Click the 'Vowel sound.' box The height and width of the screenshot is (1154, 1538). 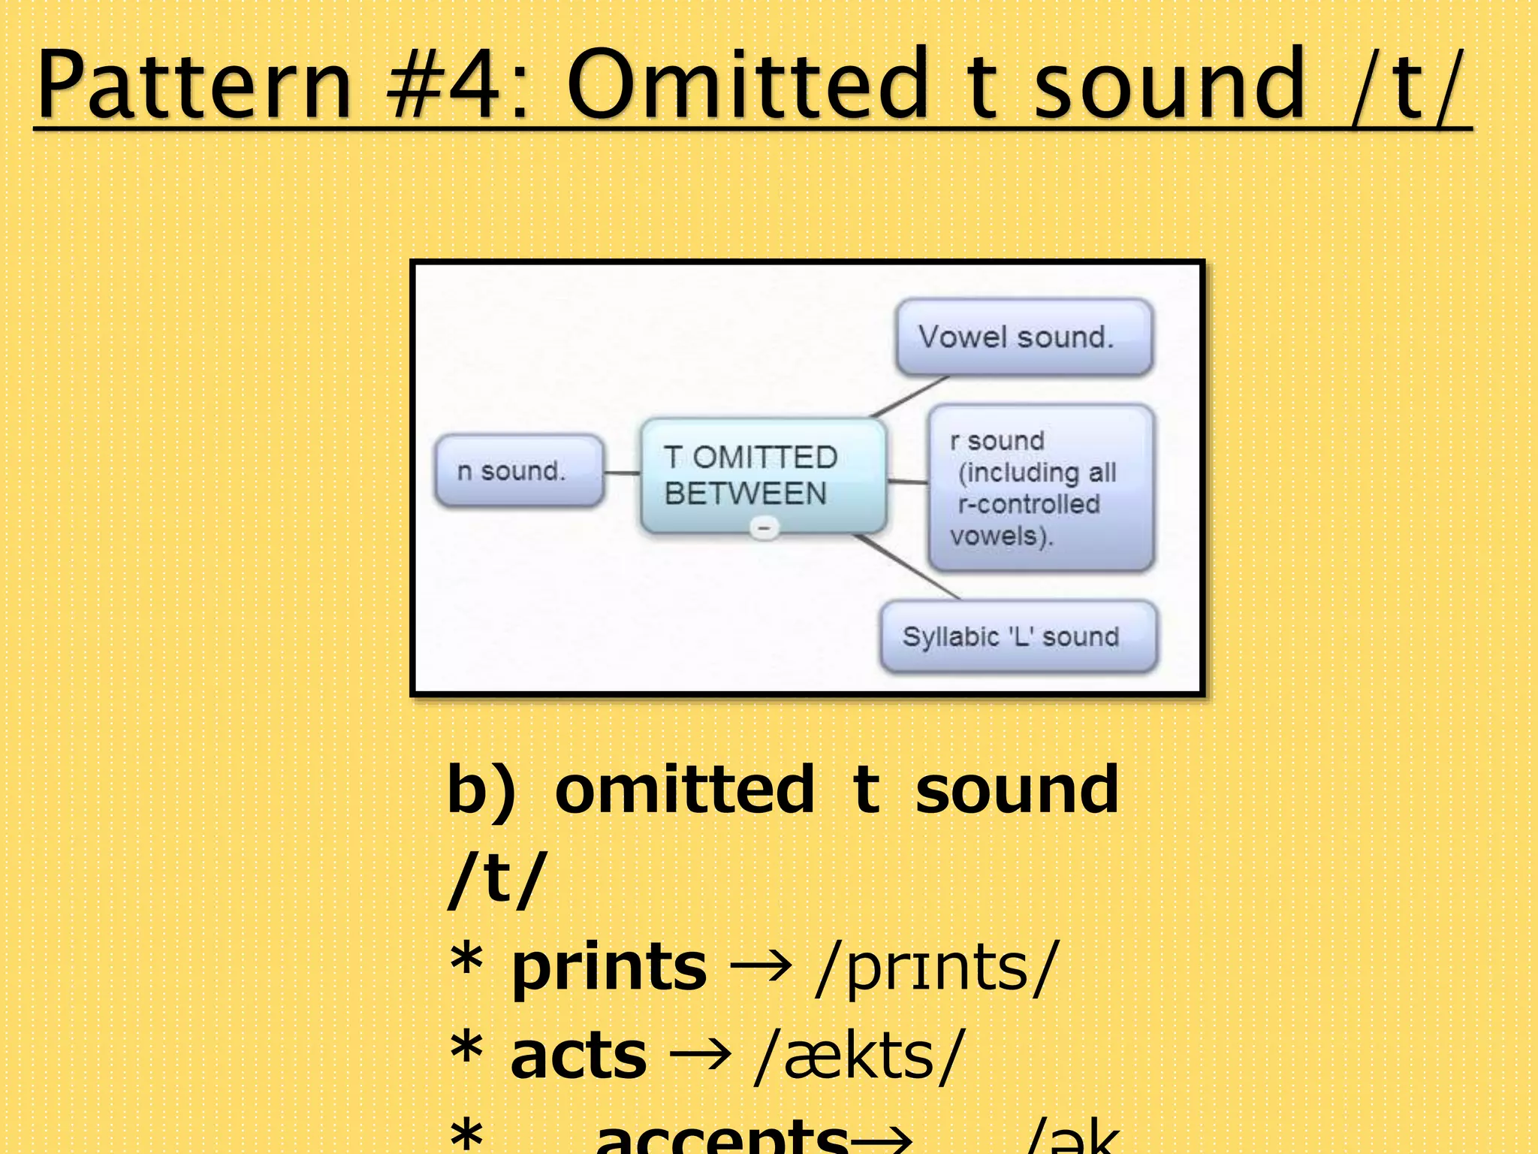[x=1024, y=337]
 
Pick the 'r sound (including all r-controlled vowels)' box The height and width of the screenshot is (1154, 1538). [x=1041, y=488]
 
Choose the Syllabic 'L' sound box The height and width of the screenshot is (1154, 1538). [x=1018, y=636]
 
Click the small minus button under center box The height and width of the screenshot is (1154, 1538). [x=764, y=529]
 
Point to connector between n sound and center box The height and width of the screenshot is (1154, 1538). [x=622, y=473]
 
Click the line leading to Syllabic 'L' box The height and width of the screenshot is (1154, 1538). [x=909, y=568]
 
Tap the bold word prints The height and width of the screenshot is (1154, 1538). [x=608, y=967]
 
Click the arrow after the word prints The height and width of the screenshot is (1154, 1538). [x=761, y=967]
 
